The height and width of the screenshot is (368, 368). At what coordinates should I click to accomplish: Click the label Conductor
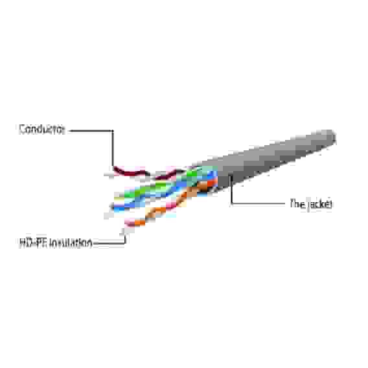click(41, 130)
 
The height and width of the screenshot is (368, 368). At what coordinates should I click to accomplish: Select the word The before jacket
click(297, 203)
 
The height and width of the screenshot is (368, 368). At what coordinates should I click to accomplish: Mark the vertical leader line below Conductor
click(113, 148)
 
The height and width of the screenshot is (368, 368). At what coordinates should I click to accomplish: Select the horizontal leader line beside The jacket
click(259, 203)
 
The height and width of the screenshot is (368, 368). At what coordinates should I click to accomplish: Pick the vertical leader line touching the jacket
click(231, 189)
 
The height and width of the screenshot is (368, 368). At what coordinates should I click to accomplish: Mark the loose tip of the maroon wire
click(115, 168)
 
